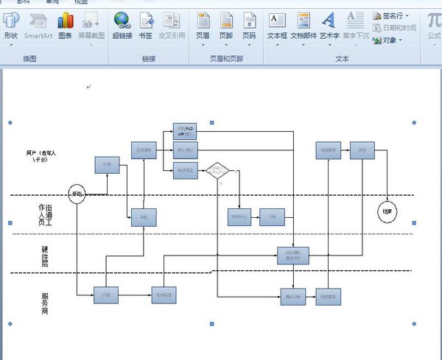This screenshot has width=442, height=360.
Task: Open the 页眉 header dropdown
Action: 203,25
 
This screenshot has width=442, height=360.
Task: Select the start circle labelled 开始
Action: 77,194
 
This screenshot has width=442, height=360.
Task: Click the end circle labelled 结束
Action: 387,211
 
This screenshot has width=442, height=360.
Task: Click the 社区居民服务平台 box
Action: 292,255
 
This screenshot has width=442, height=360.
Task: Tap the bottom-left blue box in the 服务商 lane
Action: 105,294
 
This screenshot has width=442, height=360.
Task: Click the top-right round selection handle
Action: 413,121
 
